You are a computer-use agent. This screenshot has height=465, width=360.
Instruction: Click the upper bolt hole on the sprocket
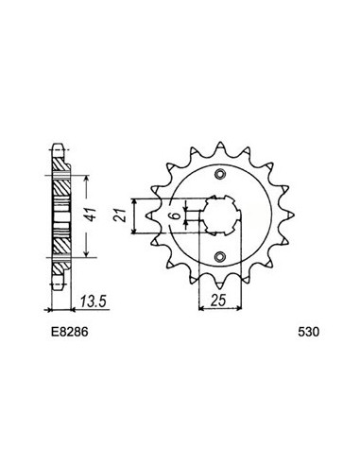click(x=220, y=174)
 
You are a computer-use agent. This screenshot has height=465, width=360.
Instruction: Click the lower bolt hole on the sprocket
click(x=220, y=256)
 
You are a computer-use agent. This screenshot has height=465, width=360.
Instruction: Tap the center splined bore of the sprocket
click(x=221, y=215)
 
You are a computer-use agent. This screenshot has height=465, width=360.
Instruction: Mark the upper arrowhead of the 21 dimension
click(x=137, y=201)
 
